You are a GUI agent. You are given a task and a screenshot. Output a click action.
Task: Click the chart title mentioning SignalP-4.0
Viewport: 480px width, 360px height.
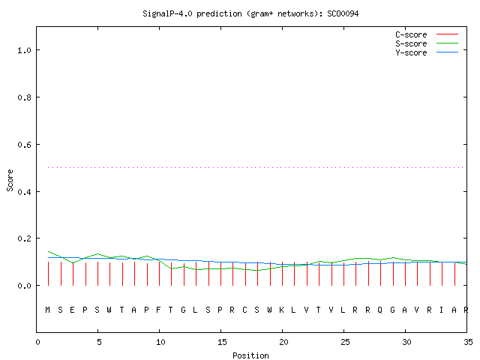(250, 13)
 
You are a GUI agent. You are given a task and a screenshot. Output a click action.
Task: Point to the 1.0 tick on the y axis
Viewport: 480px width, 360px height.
(24, 50)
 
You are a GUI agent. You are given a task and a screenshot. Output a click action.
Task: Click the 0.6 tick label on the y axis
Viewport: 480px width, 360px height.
(24, 145)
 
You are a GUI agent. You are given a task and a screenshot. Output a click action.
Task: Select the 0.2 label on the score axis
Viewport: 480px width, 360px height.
(24, 238)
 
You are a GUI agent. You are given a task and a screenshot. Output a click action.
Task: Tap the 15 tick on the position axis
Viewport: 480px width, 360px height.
(222, 342)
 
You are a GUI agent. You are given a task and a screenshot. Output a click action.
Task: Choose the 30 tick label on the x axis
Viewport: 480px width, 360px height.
(406, 342)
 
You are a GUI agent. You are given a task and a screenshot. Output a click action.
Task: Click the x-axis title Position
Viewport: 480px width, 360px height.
(250, 355)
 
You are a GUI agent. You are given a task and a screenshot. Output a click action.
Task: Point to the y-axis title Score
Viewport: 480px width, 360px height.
(10, 180)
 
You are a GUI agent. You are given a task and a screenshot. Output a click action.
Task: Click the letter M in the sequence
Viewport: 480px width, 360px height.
(47, 310)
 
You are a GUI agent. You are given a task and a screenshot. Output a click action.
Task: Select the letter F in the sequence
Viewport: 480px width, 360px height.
(158, 310)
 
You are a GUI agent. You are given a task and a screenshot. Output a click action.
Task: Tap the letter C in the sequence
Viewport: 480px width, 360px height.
(244, 310)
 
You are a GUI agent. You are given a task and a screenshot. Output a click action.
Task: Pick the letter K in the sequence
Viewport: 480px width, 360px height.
(281, 310)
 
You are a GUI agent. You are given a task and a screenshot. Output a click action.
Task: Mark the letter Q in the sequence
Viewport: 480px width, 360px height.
(380, 310)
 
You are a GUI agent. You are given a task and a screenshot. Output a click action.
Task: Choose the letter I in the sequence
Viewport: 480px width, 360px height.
(441, 310)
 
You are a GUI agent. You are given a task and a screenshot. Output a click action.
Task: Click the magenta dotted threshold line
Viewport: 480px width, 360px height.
(256, 167)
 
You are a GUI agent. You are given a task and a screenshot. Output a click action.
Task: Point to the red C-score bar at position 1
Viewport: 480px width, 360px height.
(48, 274)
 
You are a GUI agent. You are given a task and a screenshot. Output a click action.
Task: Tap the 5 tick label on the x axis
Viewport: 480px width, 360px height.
(99, 342)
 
